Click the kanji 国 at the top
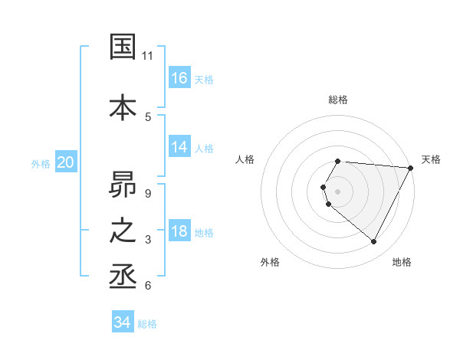124,47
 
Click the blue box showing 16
179,78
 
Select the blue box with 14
179,147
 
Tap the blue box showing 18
179,231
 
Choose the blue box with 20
66,162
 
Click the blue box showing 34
123,322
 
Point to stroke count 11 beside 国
148,56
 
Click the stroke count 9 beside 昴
148,193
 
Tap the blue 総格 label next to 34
147,324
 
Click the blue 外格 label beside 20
41,163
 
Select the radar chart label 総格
338,100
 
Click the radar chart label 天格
431,159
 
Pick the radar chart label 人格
245,159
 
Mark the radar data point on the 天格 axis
411,168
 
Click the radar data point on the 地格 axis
374,242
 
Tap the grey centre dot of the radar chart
338,191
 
